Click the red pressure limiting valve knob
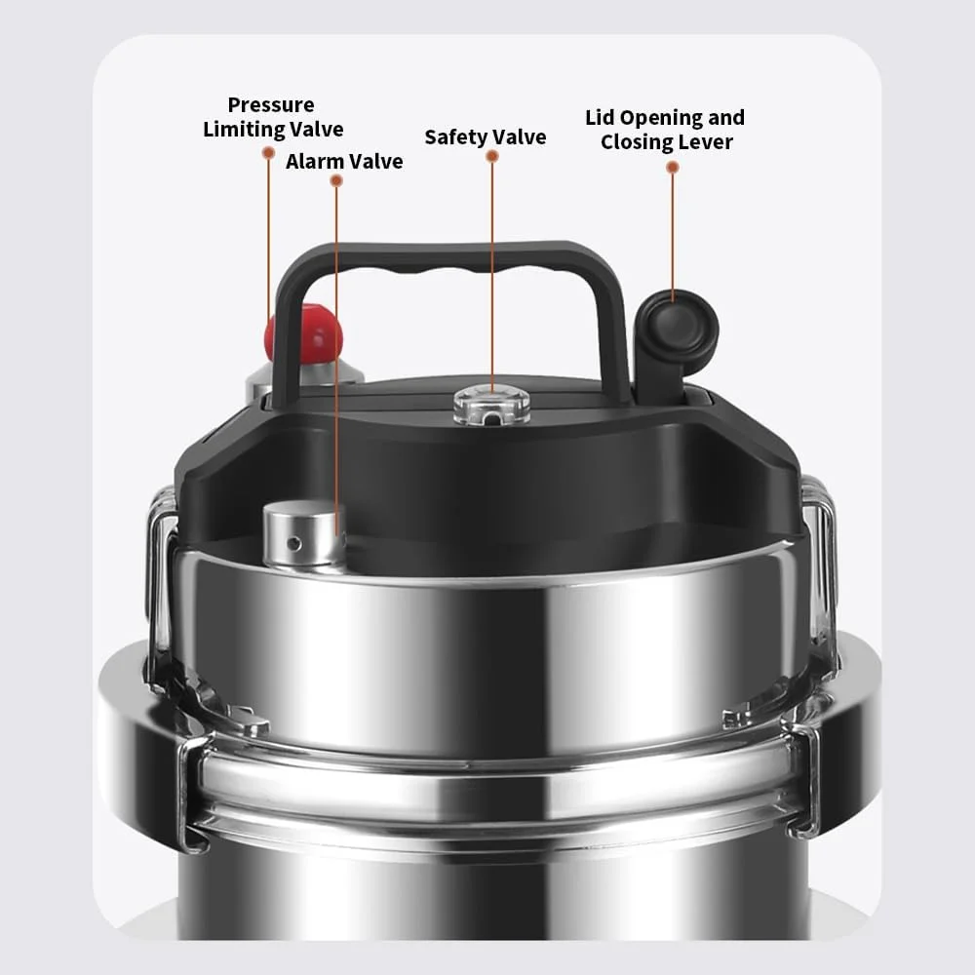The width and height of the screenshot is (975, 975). [304, 333]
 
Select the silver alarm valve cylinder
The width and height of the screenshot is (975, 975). [303, 536]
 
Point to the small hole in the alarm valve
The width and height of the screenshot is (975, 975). [293, 545]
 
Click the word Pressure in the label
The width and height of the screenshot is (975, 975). [271, 104]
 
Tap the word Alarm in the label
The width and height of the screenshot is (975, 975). [315, 162]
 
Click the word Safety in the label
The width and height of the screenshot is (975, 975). [456, 137]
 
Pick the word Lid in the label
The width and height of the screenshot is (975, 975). [600, 118]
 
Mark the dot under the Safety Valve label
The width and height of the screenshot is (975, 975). [491, 156]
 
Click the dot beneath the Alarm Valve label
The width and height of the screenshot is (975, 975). [336, 180]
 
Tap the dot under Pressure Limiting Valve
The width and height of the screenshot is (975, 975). [269, 152]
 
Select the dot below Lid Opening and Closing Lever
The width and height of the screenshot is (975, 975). [672, 168]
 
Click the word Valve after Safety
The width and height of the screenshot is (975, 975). [520, 136]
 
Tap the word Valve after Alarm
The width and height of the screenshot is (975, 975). [375, 162]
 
